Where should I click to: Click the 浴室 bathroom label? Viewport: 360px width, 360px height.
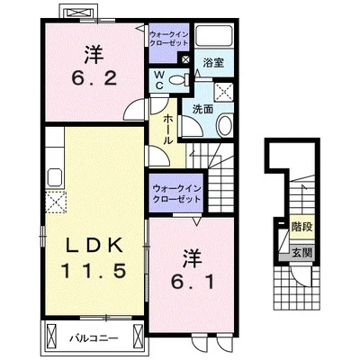tap(213, 63)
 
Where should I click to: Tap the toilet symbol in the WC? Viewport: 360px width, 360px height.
tap(179, 80)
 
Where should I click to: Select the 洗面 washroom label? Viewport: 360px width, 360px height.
tap(202, 110)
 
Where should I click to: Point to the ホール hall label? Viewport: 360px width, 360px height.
tap(168, 130)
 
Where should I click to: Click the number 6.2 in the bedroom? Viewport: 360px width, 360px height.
tap(94, 79)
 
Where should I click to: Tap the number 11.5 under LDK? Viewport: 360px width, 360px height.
tap(94, 270)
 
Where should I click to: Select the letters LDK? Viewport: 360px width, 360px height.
tap(94, 245)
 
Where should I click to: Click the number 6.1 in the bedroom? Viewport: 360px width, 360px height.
tap(193, 282)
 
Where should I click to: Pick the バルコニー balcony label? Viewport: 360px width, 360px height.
tap(94, 338)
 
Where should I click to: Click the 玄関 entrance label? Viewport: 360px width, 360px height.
tap(302, 253)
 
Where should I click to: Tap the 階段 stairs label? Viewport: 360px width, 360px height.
tap(302, 227)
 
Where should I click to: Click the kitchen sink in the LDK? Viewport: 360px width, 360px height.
tap(55, 177)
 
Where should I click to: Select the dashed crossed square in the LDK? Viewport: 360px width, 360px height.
tap(56, 202)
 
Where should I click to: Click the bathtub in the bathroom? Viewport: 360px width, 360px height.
tap(214, 35)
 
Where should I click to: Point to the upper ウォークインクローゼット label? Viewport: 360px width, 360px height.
tap(169, 38)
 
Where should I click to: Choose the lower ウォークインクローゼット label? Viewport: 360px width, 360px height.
tap(176, 193)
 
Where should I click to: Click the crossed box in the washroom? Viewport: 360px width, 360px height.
tap(224, 91)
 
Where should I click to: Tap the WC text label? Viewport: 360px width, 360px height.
tap(159, 80)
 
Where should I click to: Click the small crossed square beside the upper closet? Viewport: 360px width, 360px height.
tap(185, 59)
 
